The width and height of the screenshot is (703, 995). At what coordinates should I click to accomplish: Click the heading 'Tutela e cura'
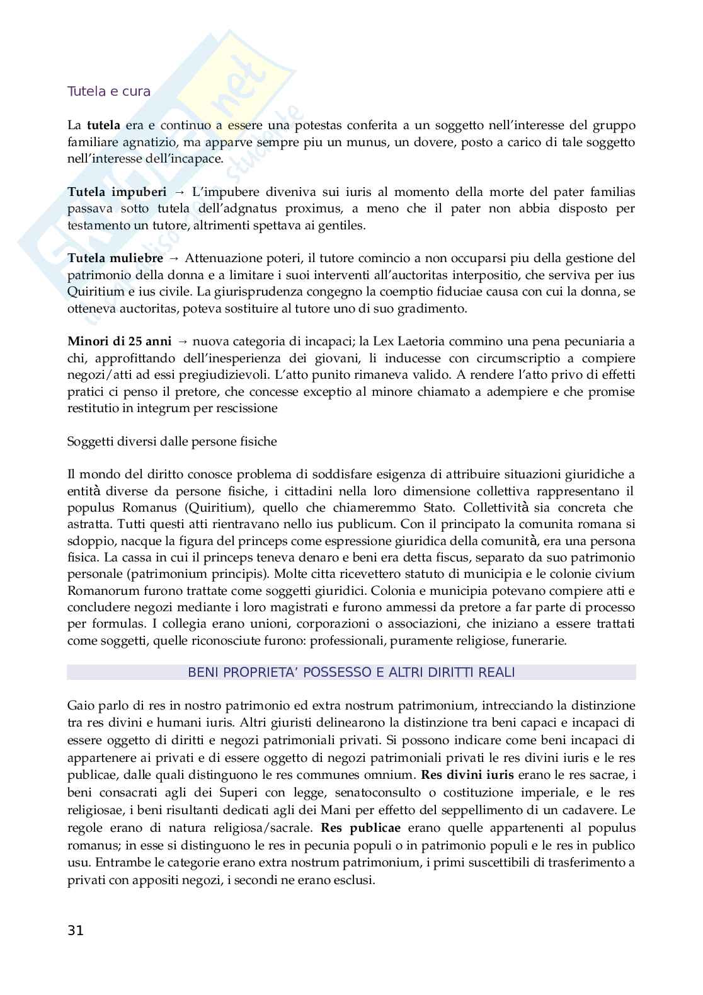pyautogui.click(x=109, y=91)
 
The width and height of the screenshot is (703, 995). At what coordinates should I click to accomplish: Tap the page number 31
pyautogui.click(x=75, y=931)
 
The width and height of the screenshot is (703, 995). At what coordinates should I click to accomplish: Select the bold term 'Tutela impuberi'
pyautogui.click(x=117, y=192)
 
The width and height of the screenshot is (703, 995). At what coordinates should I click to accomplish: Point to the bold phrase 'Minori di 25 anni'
pyautogui.click(x=119, y=342)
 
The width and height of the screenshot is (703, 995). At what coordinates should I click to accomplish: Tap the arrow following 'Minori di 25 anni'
pyautogui.click(x=183, y=342)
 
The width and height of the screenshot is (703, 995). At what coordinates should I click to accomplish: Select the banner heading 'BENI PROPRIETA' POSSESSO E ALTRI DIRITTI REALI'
pyautogui.click(x=351, y=672)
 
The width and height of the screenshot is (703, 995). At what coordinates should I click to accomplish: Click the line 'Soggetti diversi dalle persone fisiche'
pyautogui.click(x=172, y=441)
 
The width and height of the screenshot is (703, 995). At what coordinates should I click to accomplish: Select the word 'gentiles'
pyautogui.click(x=341, y=225)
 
